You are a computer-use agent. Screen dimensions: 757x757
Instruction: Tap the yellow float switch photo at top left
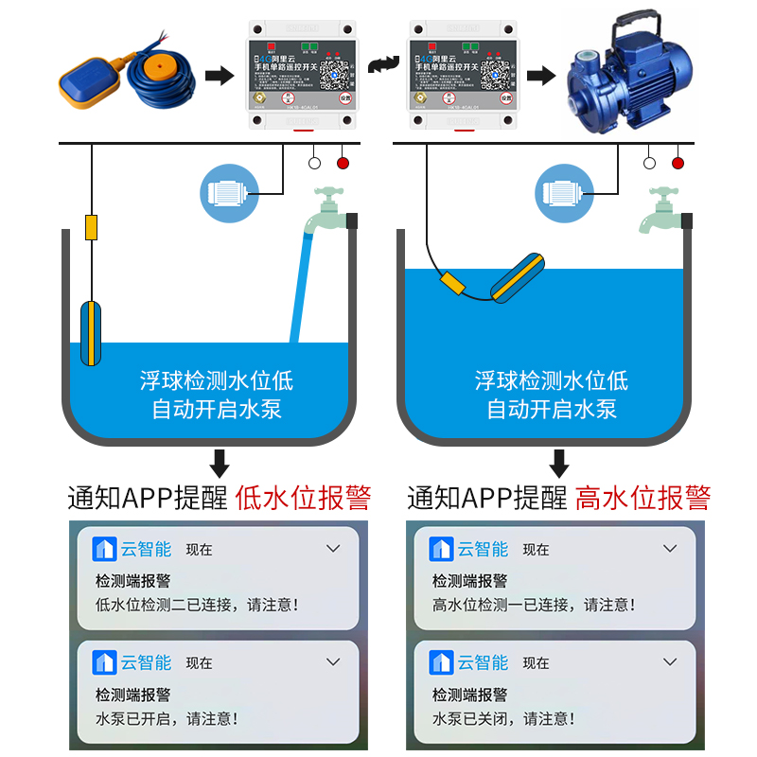pos(90,81)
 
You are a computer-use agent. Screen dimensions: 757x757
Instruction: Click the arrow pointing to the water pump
pos(540,75)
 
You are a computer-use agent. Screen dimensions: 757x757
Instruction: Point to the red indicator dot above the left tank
pos(343,163)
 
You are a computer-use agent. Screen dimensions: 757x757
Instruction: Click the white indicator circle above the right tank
pos(649,163)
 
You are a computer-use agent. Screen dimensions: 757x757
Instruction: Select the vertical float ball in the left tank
pos(91,332)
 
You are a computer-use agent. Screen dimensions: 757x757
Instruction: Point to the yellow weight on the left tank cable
pos(92,227)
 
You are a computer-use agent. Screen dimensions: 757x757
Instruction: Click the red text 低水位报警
pos(303,498)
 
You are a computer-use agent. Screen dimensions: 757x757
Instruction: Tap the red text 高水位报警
pos(643,498)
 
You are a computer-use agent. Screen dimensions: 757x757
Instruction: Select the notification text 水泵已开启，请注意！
pos(167,718)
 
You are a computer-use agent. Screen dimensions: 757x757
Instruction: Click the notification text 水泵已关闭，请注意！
pos(503,718)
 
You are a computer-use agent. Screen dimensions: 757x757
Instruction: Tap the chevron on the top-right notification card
pos(670,548)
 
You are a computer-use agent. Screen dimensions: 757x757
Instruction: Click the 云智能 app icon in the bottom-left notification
pos(104,662)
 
